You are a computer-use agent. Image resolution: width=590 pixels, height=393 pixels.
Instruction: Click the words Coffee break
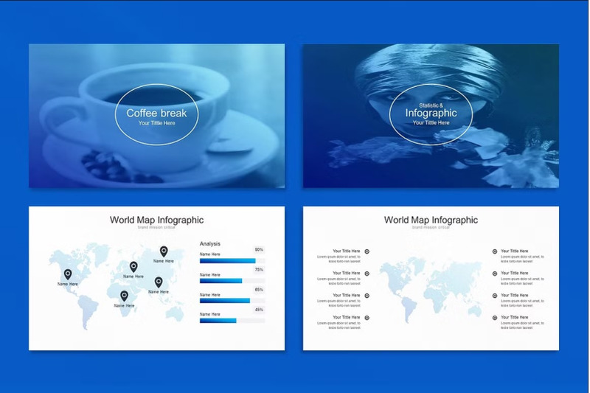tap(156, 113)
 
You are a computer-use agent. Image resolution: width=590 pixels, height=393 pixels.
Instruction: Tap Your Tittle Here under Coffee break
tap(156, 123)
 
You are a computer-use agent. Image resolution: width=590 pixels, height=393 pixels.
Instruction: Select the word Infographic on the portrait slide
tap(431, 113)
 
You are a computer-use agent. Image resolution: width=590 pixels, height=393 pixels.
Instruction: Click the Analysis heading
tap(210, 243)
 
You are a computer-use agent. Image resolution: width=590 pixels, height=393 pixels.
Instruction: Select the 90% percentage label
tap(259, 250)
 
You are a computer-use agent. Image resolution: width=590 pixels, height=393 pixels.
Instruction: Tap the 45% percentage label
tap(259, 310)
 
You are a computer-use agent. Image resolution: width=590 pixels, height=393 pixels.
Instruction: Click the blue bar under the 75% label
tap(221, 281)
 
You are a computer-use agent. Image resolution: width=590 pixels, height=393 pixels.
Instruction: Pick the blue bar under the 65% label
tap(224, 300)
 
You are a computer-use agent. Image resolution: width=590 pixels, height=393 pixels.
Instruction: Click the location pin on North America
tap(68, 274)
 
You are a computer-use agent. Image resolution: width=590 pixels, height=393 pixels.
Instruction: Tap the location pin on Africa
tap(124, 296)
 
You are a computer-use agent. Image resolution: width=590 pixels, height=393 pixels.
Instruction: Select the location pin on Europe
tap(133, 266)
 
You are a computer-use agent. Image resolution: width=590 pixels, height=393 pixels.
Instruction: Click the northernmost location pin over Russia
tap(164, 251)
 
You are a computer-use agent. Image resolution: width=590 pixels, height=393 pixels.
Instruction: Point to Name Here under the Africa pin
tap(124, 305)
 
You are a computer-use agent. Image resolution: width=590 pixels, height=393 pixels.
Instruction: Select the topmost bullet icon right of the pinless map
tap(495, 251)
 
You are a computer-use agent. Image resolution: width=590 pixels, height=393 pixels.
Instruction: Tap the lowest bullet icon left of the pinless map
tap(367, 318)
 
